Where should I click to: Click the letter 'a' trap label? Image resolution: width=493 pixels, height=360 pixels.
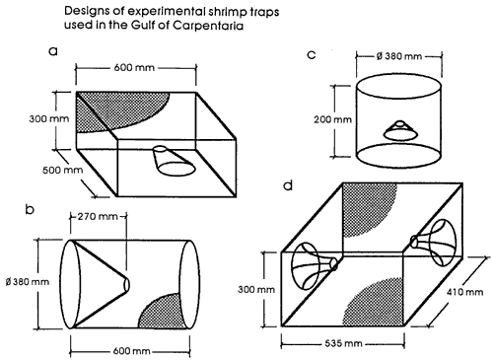(53, 51)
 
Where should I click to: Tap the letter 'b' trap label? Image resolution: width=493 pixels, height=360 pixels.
(30, 209)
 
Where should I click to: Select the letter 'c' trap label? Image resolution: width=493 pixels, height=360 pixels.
(312, 54)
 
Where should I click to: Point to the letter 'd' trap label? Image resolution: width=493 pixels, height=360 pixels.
(288, 185)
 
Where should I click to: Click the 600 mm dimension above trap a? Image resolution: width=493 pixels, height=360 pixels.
(134, 68)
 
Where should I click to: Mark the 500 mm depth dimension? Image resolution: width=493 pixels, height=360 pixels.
(62, 170)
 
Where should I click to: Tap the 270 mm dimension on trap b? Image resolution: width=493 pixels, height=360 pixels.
(98, 216)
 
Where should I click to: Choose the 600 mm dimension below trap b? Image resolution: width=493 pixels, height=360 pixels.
(131, 351)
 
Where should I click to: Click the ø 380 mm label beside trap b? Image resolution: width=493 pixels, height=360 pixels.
(28, 282)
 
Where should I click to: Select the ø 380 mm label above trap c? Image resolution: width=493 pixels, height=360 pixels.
(399, 56)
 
